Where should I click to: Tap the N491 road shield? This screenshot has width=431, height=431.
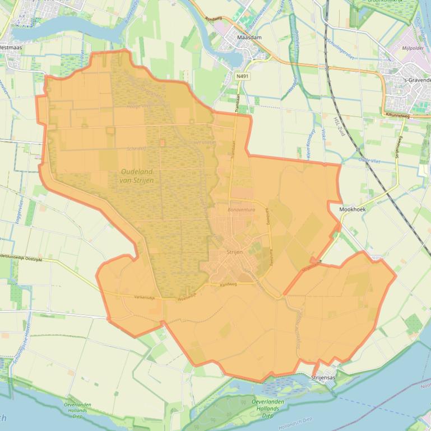[242, 76]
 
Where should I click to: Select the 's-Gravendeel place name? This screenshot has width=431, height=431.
[418, 80]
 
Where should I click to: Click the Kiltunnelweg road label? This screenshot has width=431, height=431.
[397, 115]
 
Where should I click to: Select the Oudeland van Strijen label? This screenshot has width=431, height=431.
[137, 176]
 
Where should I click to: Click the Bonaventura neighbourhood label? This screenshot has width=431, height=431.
[242, 209]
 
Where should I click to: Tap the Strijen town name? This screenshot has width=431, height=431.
[235, 253]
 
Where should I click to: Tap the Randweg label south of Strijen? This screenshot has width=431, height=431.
[228, 284]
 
